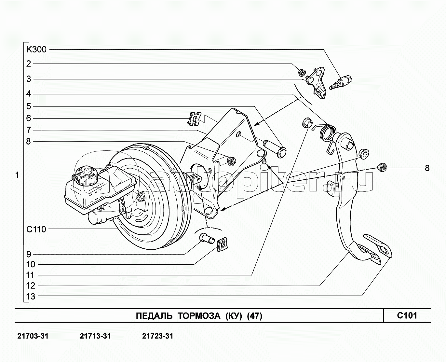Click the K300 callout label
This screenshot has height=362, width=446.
tap(36, 50)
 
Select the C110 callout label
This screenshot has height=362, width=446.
tap(36, 229)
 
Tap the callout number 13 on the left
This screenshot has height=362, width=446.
tap(31, 297)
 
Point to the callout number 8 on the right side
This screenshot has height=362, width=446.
tap(427, 168)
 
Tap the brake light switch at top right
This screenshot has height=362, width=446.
tap(341, 82)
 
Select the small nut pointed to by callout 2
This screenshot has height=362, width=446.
tap(301, 73)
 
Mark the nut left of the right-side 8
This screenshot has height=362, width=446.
tap(382, 167)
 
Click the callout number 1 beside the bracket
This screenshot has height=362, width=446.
tap(17, 175)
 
